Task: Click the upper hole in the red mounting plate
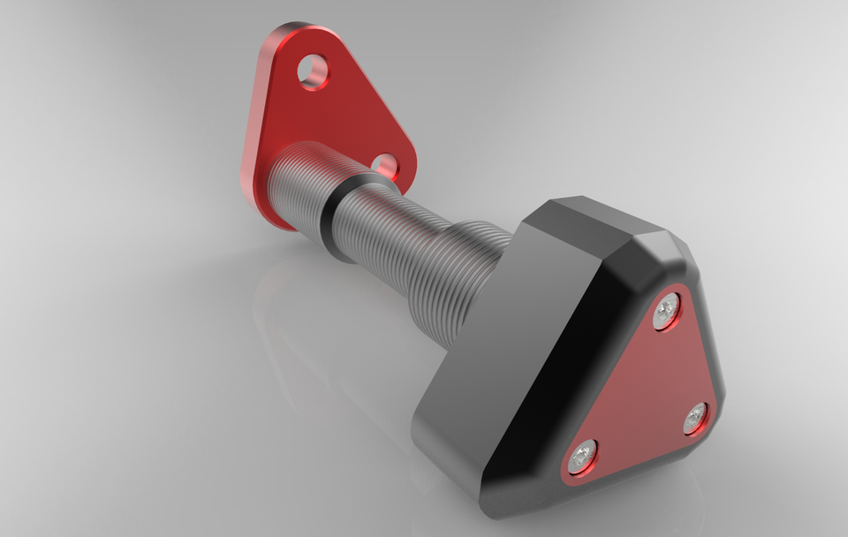(x=312, y=72)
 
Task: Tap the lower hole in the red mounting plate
(x=384, y=165)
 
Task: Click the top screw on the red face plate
(x=666, y=311)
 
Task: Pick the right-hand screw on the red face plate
(x=695, y=418)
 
